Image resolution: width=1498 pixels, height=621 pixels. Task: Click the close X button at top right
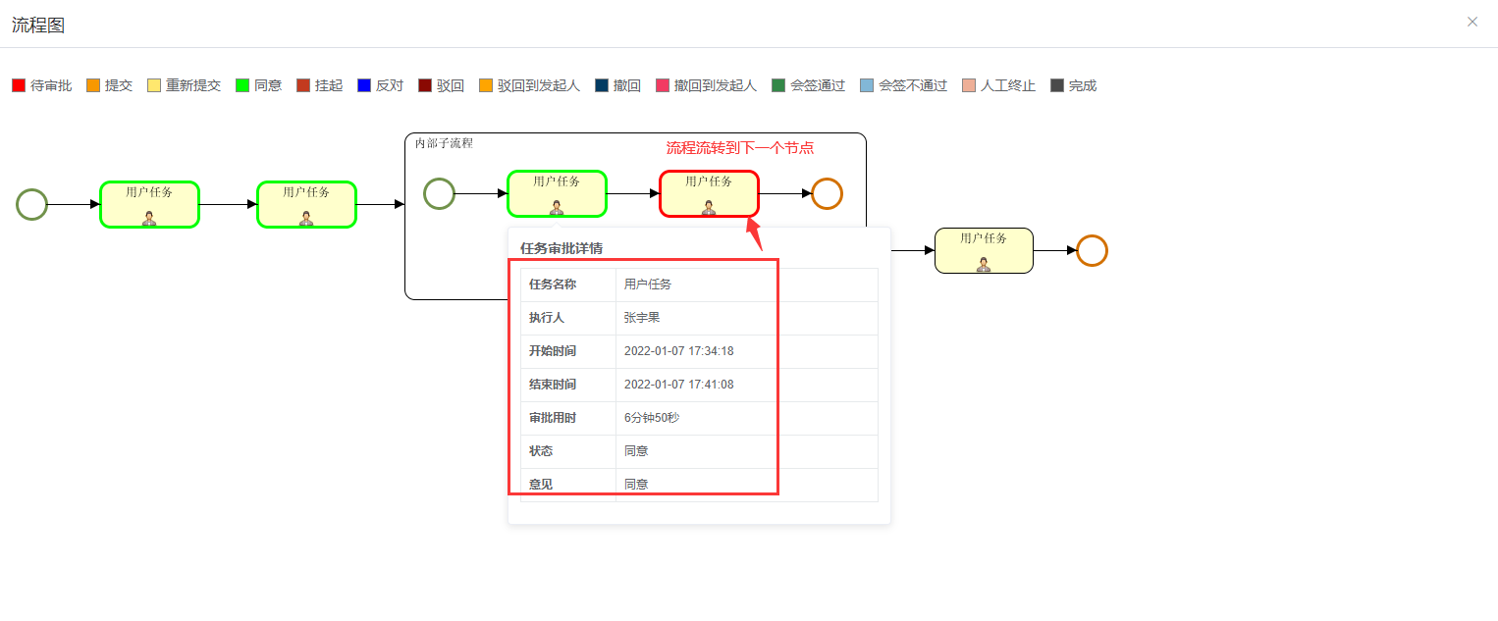[1471, 22]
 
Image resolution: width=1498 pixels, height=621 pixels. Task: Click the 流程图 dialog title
[38, 26]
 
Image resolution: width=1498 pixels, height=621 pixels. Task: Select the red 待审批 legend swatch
[19, 85]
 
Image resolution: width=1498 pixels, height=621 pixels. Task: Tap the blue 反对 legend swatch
[364, 85]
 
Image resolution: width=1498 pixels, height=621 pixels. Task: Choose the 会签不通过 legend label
[912, 85]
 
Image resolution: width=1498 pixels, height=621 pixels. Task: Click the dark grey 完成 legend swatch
[1057, 85]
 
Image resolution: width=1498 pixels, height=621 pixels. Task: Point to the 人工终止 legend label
[1007, 85]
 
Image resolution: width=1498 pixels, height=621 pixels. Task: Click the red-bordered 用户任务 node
[709, 193]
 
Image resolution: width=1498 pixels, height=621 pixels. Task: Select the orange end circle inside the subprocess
[827, 193]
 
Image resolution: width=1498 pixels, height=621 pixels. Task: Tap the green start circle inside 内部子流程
[439, 193]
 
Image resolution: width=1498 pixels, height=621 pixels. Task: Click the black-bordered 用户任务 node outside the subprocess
[984, 250]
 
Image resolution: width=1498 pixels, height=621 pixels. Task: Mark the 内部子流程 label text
[444, 143]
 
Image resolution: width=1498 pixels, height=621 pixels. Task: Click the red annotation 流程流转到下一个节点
[740, 148]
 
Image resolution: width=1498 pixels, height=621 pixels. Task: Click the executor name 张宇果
[642, 318]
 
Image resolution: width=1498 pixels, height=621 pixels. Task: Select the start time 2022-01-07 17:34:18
[679, 351]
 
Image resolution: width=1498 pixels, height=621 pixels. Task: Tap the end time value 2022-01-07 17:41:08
[679, 385]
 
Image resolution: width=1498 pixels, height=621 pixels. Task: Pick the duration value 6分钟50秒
[652, 418]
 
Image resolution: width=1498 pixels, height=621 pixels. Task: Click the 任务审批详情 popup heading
[561, 248]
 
